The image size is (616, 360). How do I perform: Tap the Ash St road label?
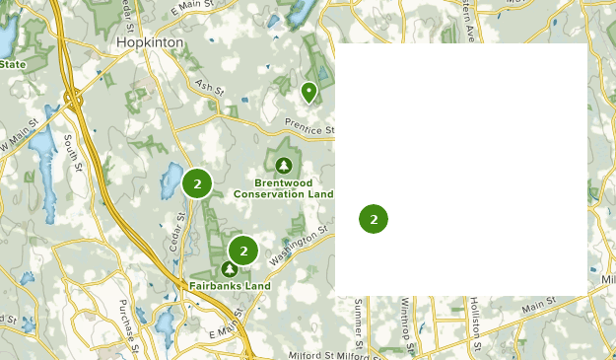click(x=209, y=89)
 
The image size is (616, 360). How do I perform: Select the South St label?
click(x=72, y=154)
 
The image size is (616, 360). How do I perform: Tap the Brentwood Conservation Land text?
click(x=284, y=188)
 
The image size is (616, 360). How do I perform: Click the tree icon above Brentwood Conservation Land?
click(x=284, y=165)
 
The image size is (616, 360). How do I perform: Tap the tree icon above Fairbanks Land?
click(x=230, y=268)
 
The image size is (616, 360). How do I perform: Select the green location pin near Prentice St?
click(x=308, y=92)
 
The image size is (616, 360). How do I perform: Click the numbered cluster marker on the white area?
click(x=374, y=219)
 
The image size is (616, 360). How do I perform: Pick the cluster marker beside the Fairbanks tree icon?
click(x=242, y=251)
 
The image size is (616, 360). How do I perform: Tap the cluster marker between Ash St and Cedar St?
click(x=197, y=182)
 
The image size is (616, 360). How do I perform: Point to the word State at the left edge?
click(x=12, y=65)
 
